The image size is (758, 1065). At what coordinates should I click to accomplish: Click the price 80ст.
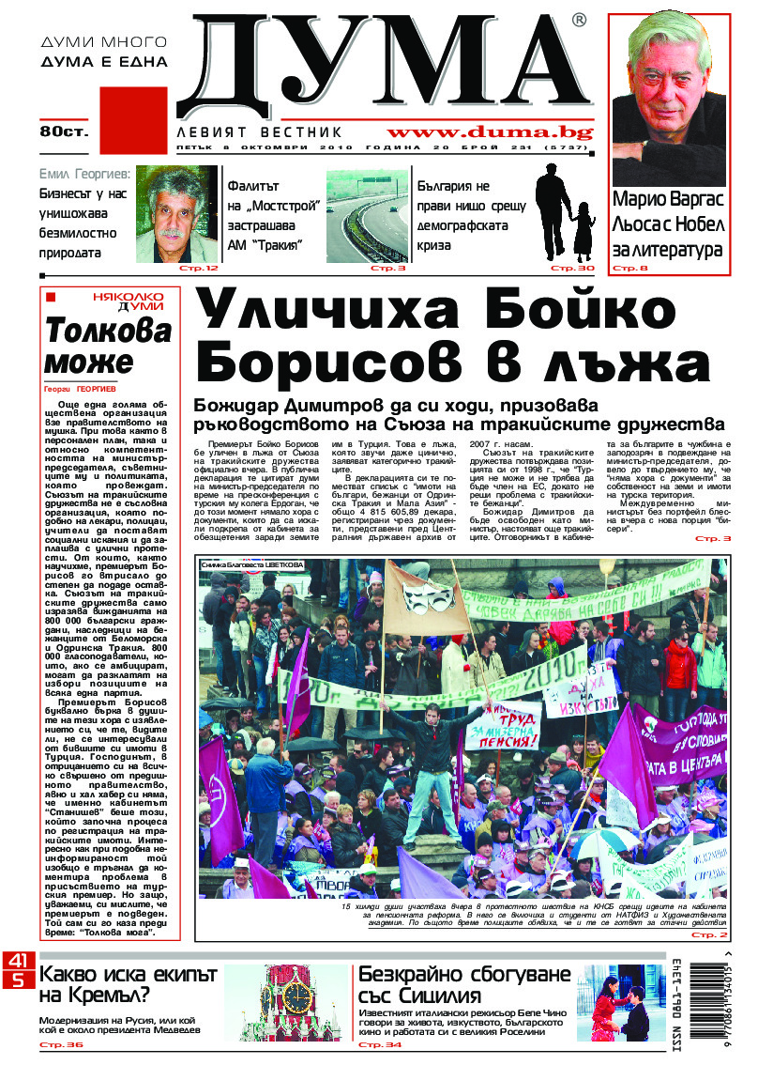click(63, 131)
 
